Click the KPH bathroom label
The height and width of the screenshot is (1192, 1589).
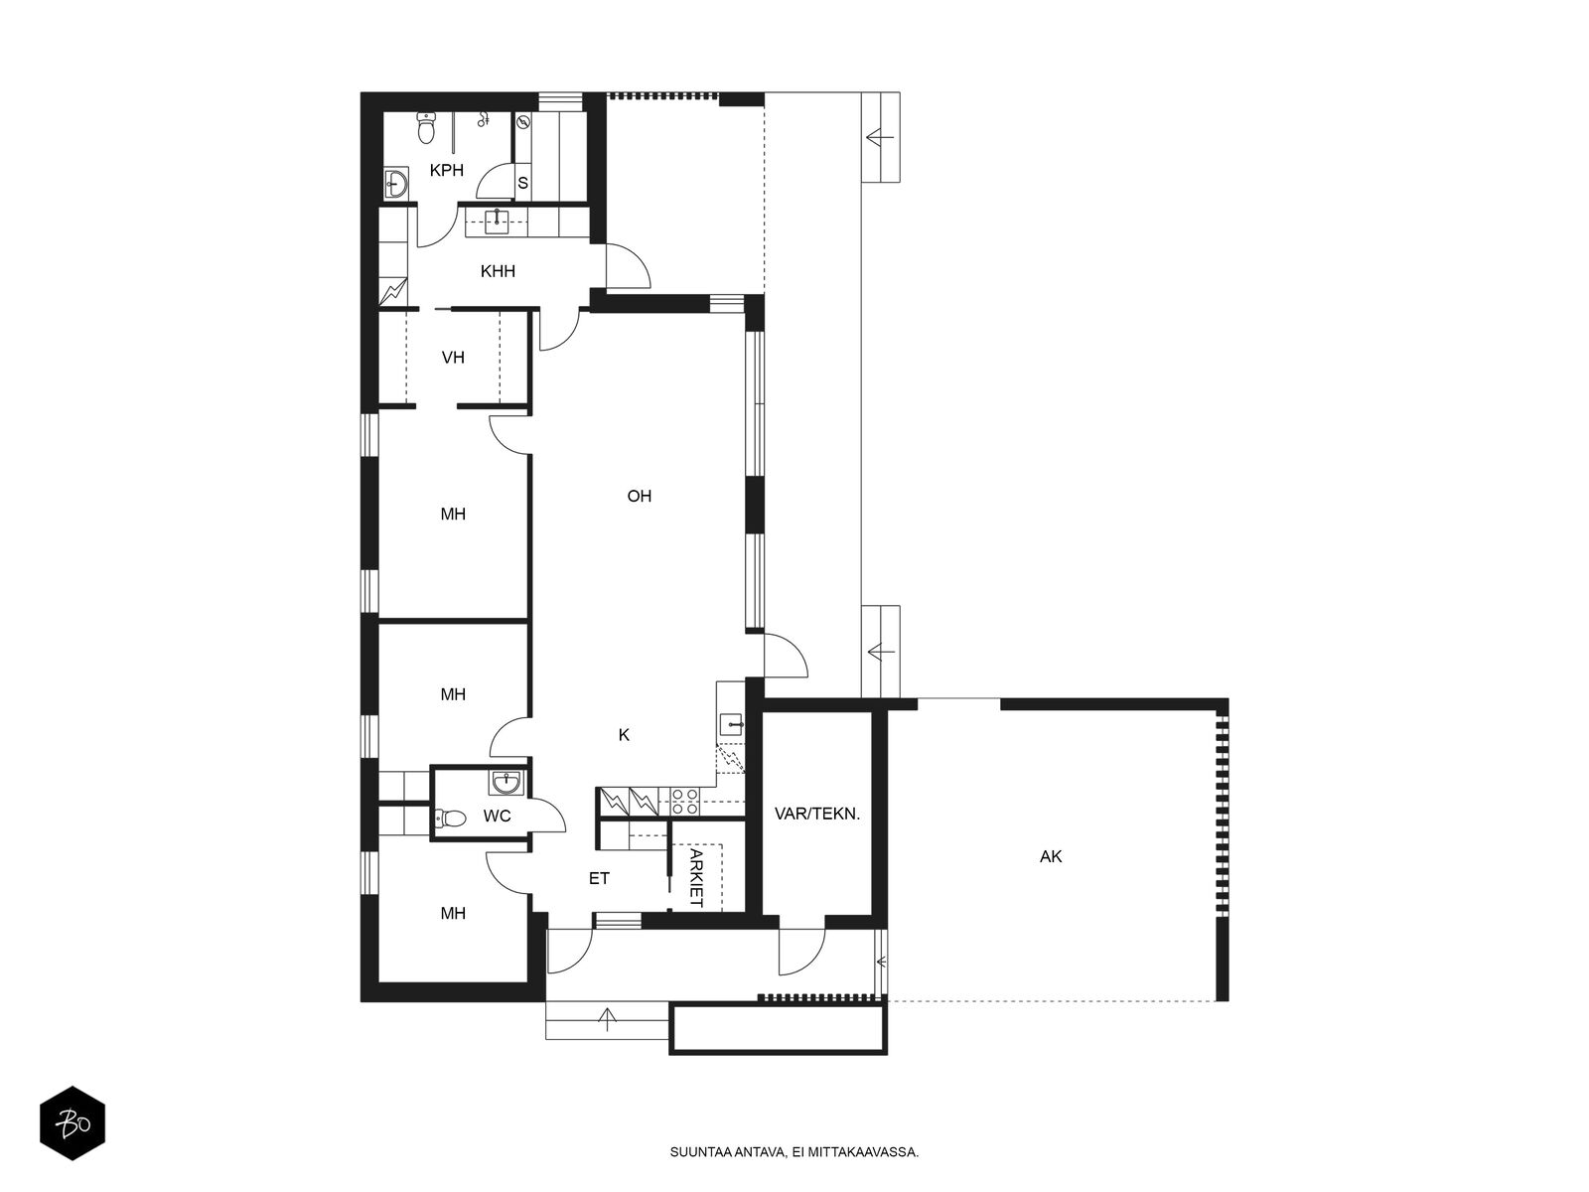tap(446, 170)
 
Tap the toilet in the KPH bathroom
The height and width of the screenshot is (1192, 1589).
tap(426, 128)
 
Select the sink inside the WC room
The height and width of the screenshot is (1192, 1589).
tap(506, 782)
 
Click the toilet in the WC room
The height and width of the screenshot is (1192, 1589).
tap(450, 819)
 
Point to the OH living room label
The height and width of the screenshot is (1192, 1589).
tap(639, 496)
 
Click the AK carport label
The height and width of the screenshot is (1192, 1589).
tap(1051, 857)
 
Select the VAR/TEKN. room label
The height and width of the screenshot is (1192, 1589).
tap(817, 814)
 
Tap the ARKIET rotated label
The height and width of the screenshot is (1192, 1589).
tap(696, 879)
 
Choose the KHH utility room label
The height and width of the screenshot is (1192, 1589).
tap(499, 271)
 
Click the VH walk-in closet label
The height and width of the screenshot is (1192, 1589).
tap(453, 358)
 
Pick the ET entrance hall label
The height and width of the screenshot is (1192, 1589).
tap(599, 879)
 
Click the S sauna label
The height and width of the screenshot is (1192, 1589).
tap(522, 184)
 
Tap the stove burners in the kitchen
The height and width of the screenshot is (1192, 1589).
tap(685, 802)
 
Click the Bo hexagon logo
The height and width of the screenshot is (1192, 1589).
tap(72, 1123)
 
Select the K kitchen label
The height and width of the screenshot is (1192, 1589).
tap(624, 735)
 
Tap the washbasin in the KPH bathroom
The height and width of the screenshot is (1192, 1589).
tap(395, 183)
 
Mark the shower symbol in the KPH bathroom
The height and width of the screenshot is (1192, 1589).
tap(484, 119)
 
